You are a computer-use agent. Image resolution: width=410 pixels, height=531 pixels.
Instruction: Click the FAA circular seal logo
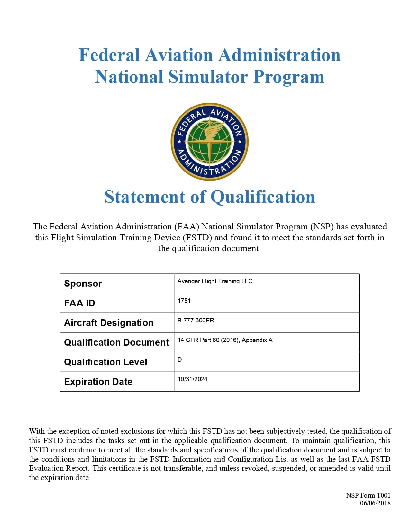coord(209,142)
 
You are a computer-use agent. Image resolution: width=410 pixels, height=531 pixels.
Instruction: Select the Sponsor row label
coord(83,284)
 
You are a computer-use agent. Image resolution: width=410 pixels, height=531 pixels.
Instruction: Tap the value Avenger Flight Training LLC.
coord(215,281)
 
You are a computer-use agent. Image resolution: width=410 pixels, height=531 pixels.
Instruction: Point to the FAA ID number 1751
coord(184,301)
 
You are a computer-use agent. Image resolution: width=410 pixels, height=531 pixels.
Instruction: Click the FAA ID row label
coord(79,303)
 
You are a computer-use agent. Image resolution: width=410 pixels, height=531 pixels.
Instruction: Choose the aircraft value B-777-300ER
coord(196,321)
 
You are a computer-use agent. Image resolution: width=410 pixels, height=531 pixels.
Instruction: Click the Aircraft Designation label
coord(109,323)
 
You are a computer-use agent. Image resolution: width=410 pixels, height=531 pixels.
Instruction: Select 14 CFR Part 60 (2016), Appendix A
coord(225,340)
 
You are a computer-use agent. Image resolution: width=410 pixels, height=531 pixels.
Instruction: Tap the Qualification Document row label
coord(116,342)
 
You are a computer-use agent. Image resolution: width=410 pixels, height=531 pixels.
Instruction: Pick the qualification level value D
coord(180,360)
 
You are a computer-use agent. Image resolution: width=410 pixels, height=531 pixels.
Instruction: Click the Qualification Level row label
coord(105,362)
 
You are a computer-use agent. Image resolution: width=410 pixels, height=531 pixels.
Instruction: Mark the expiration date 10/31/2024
coord(192,379)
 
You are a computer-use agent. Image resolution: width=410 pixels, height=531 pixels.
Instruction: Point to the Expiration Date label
coord(98,382)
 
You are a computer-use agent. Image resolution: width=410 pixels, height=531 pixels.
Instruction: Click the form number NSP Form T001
coord(368,495)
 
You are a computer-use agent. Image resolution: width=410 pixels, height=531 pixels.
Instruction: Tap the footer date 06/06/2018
coord(375,503)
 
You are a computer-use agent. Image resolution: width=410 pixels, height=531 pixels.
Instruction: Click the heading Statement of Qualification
coord(210,197)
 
